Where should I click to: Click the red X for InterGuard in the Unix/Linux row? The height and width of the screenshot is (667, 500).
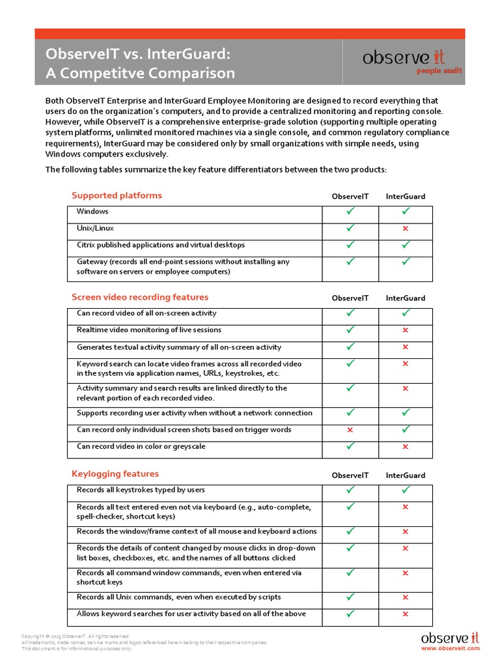pyautogui.click(x=406, y=229)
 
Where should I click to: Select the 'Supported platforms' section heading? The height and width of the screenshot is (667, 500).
pyautogui.click(x=117, y=195)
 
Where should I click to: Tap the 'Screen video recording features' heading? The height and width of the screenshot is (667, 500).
pyautogui.click(x=140, y=297)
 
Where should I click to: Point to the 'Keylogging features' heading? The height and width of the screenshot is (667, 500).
pyautogui.click(x=115, y=474)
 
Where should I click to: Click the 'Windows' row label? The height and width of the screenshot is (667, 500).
pyautogui.click(x=92, y=212)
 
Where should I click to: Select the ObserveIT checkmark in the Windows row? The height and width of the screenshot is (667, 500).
pyautogui.click(x=350, y=211)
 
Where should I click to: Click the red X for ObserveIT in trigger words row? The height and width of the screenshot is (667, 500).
pyautogui.click(x=350, y=430)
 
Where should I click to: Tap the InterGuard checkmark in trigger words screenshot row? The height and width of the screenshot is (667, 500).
pyautogui.click(x=406, y=429)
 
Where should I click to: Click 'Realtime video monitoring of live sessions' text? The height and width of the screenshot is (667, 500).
pyautogui.click(x=149, y=330)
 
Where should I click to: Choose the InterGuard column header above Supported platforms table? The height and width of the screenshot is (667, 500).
pyautogui.click(x=406, y=196)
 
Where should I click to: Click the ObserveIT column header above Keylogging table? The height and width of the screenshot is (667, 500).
pyautogui.click(x=350, y=475)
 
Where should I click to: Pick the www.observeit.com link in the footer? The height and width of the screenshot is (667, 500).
pyautogui.click(x=450, y=648)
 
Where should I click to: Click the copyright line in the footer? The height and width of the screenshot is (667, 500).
pyautogui.click(x=76, y=636)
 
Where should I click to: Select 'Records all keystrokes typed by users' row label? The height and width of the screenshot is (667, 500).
pyautogui.click(x=141, y=490)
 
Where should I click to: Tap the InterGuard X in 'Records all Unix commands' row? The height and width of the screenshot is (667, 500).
pyautogui.click(x=406, y=597)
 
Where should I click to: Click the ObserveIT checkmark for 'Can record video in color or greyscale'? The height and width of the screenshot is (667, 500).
pyautogui.click(x=350, y=446)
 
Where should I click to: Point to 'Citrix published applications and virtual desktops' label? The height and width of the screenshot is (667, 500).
pyautogui.click(x=161, y=246)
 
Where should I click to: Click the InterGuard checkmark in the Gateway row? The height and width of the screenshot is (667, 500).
pyautogui.click(x=406, y=261)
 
